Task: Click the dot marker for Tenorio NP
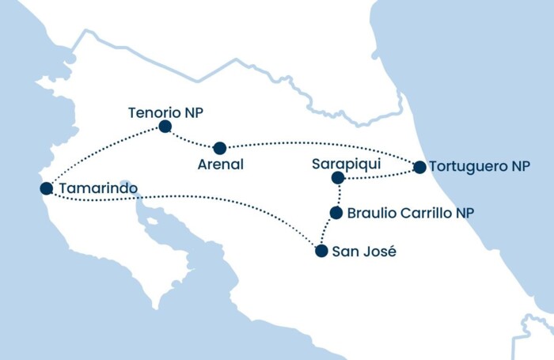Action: (x=165, y=127)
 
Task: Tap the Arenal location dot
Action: (x=220, y=148)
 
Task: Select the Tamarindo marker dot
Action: (x=46, y=188)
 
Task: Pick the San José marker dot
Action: (x=321, y=252)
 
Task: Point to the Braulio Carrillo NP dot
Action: (x=336, y=213)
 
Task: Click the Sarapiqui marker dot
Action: (x=339, y=179)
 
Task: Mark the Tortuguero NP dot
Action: (x=419, y=167)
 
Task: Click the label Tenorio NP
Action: (x=165, y=112)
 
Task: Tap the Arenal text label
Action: (x=221, y=165)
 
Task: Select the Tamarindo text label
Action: (x=98, y=189)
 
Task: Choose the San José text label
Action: (x=365, y=252)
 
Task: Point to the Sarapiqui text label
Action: (x=347, y=164)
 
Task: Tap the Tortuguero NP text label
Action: (x=482, y=167)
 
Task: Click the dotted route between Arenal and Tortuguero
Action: (x=317, y=143)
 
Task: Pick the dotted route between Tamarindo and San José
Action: (x=198, y=199)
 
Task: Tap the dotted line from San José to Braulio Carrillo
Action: (x=326, y=233)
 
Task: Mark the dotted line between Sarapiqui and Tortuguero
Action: (x=380, y=175)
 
